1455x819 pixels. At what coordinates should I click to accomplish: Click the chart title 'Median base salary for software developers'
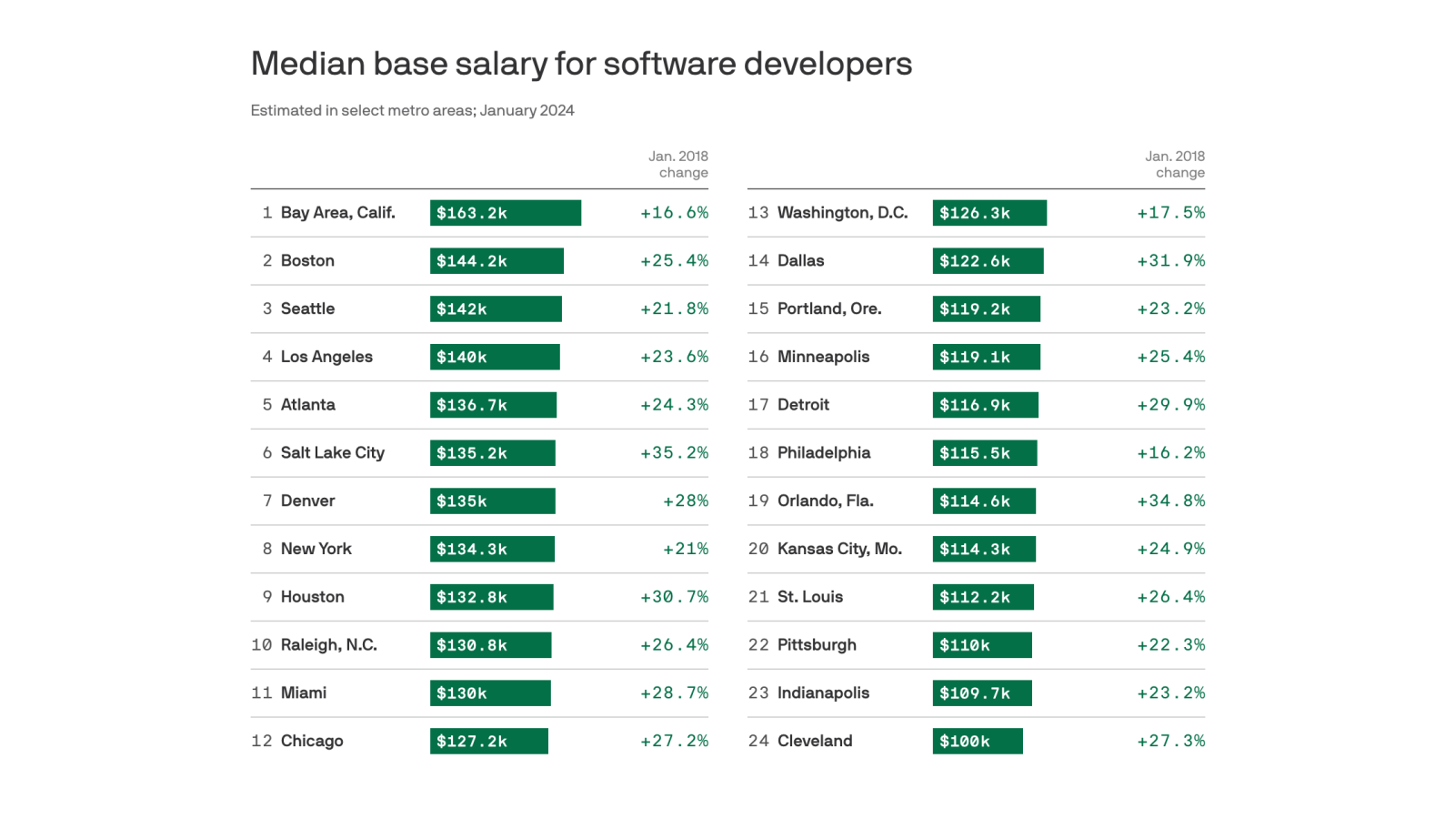[581, 64]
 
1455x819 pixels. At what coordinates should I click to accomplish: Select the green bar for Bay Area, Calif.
[505, 213]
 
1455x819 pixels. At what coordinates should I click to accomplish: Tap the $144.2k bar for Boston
[497, 261]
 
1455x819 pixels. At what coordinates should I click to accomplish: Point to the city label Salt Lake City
[332, 453]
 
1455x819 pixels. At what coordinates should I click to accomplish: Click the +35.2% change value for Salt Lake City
[674, 453]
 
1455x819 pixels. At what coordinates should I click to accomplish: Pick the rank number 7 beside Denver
[267, 501]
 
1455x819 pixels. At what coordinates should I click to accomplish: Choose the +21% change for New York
[685, 550]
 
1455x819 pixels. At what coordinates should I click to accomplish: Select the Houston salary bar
[491, 598]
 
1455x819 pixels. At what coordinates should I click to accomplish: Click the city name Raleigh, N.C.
[328, 645]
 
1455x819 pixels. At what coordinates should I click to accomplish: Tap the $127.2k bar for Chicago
[488, 742]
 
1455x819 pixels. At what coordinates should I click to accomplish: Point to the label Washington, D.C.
[842, 213]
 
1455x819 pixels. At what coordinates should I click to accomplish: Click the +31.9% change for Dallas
[1170, 261]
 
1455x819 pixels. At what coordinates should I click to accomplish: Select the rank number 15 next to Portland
[758, 309]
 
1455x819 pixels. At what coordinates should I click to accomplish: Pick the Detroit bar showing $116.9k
[985, 405]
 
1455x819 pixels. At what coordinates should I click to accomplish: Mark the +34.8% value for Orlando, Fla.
[1170, 501]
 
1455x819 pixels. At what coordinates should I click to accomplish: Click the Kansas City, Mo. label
[839, 550]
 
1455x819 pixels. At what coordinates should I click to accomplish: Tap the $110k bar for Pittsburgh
[981, 645]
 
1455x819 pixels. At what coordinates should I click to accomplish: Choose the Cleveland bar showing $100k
[977, 742]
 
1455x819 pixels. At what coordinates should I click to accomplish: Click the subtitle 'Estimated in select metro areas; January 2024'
[412, 111]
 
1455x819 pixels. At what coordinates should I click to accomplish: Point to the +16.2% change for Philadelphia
[1170, 453]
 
